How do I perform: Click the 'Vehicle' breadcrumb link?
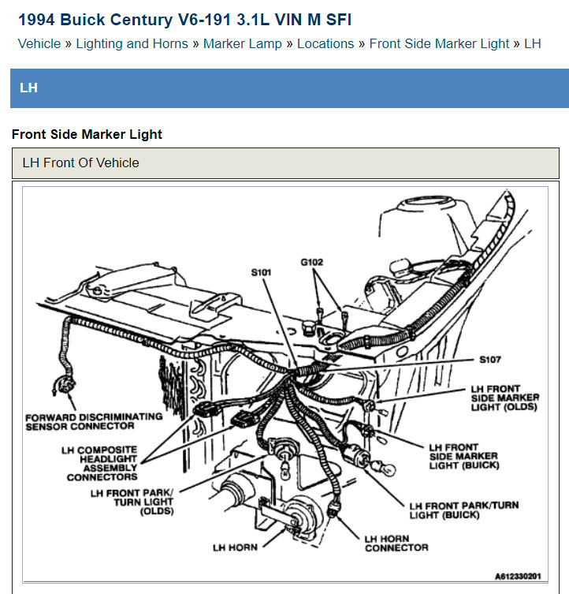click(39, 43)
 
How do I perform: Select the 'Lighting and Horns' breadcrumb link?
click(132, 43)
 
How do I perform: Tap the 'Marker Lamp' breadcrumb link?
click(242, 43)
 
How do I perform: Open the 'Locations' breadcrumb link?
click(325, 43)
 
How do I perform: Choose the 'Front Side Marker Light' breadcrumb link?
click(439, 43)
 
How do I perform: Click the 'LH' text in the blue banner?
click(28, 88)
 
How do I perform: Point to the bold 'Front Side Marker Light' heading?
click(87, 134)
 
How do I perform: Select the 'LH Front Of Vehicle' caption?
click(80, 163)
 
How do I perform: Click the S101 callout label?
click(261, 272)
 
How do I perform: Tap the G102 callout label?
click(311, 261)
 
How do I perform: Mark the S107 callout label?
click(489, 360)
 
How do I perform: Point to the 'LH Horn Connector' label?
click(396, 543)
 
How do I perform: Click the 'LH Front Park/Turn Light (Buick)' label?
click(463, 510)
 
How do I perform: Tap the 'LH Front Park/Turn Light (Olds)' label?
click(132, 502)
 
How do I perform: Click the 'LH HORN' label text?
click(235, 547)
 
